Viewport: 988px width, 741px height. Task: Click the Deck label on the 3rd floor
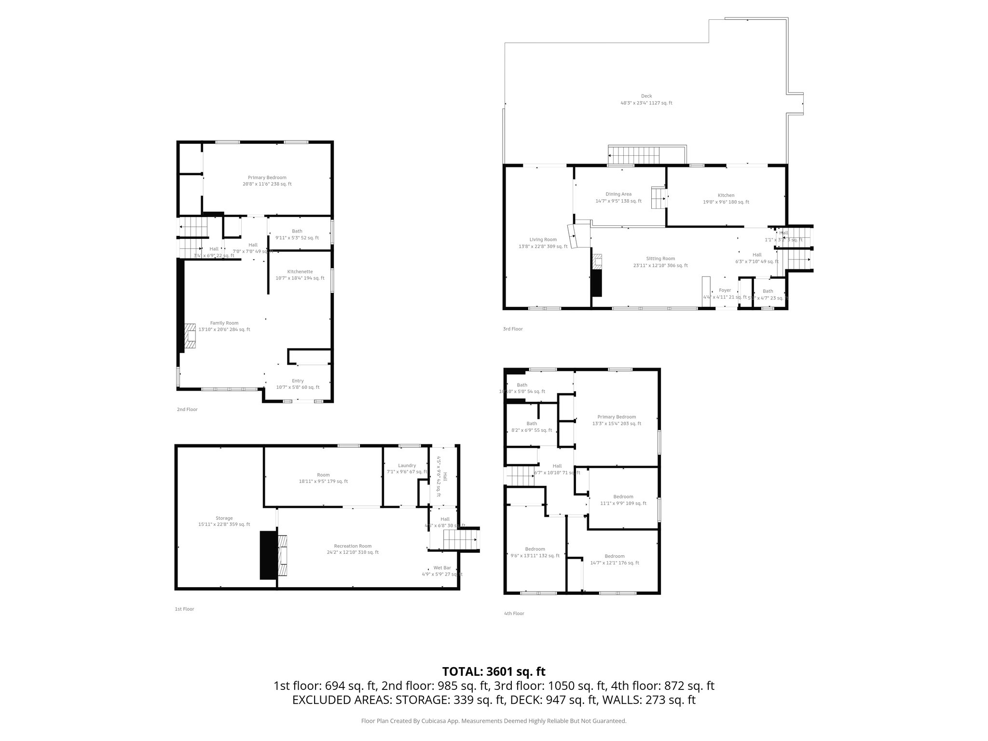(646, 99)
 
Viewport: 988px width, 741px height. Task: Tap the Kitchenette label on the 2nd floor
(300, 274)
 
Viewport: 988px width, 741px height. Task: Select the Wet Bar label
(442, 571)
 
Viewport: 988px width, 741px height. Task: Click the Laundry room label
(407, 468)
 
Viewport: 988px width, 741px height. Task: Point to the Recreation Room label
(352, 549)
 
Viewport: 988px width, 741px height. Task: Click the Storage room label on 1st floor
(224, 521)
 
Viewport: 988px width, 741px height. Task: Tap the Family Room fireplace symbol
(190, 336)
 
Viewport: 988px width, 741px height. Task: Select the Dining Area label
(618, 197)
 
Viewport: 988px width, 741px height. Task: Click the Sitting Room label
(660, 262)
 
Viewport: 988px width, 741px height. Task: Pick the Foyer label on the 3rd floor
(725, 293)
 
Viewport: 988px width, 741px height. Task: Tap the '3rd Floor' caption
(513, 329)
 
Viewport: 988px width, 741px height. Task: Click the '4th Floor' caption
(514, 614)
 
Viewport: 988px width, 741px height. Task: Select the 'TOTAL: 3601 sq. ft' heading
(494, 672)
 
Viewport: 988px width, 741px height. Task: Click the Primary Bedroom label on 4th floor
(617, 420)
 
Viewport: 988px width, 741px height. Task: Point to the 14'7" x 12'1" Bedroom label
(614, 559)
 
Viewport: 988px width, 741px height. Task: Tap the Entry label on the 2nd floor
(298, 384)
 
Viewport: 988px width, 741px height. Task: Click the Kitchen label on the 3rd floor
(726, 198)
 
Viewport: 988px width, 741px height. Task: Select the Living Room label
(543, 243)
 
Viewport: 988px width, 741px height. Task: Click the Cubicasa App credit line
(494, 721)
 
